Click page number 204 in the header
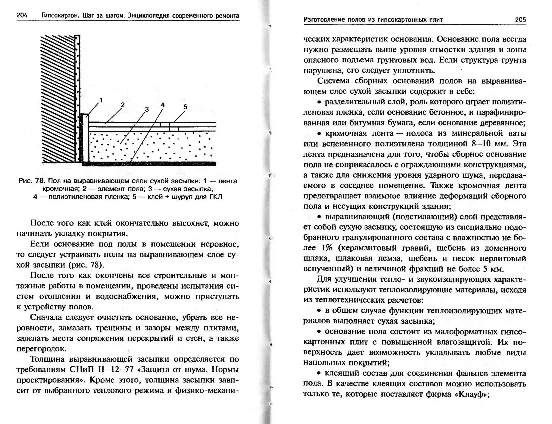tap(22, 15)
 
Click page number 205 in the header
tap(520, 20)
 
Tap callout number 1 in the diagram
tap(101, 100)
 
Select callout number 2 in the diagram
tap(123, 105)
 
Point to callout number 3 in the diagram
tap(147, 109)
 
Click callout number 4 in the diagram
tap(163, 105)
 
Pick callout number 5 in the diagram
tap(185, 107)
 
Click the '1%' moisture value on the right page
tap(326, 248)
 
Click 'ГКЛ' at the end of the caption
tap(216, 197)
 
